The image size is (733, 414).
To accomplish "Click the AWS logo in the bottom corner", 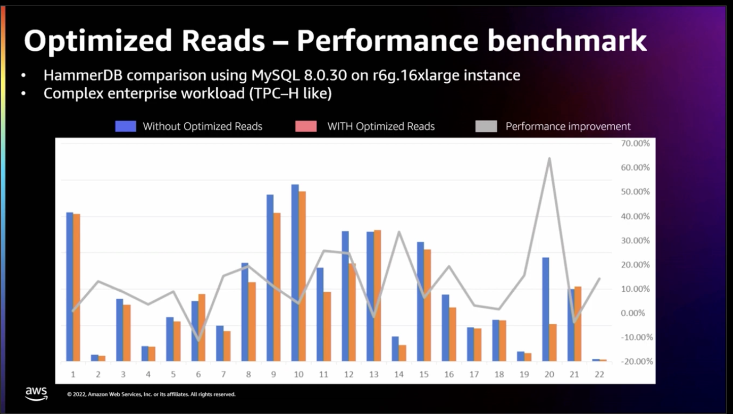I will pos(36,393).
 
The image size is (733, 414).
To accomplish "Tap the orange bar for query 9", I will pos(277,287).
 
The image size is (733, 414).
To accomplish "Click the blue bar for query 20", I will pos(546,309).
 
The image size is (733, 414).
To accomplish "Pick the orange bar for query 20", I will pos(553,342).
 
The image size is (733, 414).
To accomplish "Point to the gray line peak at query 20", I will pos(549,158).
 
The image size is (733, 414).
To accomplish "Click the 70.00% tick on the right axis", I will pos(635,144).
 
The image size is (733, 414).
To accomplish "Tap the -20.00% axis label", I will pos(635,362).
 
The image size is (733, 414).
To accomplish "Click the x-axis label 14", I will pos(399,374).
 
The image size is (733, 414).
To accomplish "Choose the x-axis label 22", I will pos(599,374).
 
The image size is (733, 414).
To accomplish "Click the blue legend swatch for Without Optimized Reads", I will pos(125,126).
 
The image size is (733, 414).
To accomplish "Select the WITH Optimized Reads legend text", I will pos(381,126).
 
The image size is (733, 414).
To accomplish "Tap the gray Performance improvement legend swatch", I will pos(486,126).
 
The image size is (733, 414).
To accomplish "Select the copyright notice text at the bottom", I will pos(151,394).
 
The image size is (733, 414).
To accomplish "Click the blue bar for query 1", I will pos(70,287).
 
